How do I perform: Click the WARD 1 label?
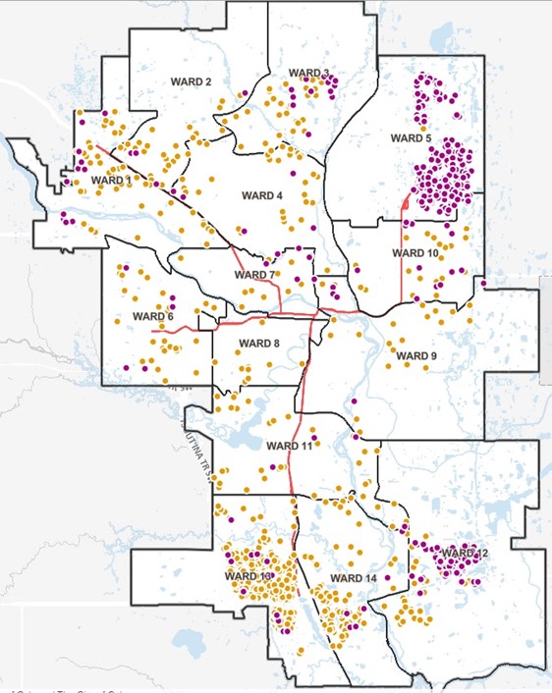[110, 181]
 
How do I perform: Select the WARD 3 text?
[308, 74]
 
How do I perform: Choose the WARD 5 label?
[412, 138]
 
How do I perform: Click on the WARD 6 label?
[152, 316]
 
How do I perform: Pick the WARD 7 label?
[255, 275]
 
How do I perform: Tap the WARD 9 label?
[414, 355]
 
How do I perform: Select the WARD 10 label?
[415, 253]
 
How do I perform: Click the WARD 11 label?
[288, 447]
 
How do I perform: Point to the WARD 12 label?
[464, 554]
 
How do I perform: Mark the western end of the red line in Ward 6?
[152, 331]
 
